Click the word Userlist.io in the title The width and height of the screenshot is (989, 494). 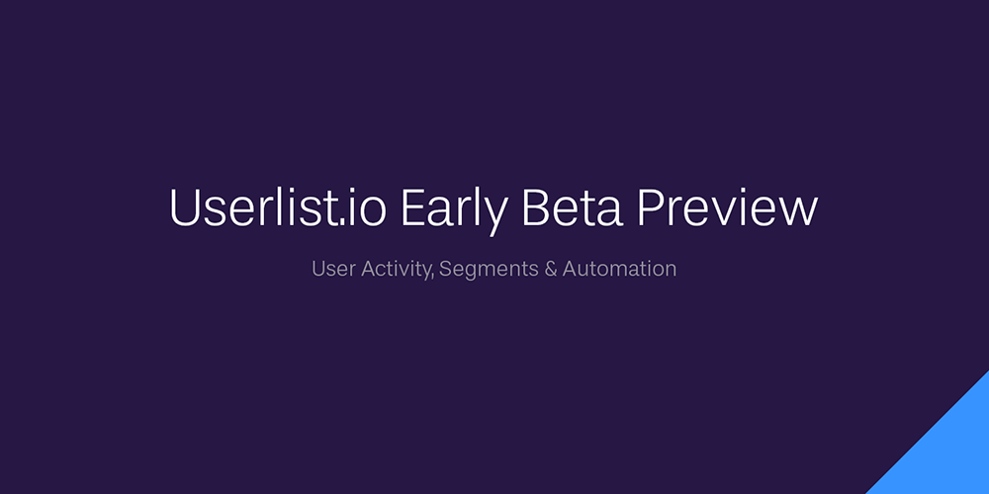pyautogui.click(x=278, y=206)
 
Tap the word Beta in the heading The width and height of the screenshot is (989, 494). pyautogui.click(x=573, y=207)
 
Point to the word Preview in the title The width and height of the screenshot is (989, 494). pyautogui.click(x=727, y=207)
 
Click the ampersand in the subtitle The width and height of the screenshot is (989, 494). pyautogui.click(x=550, y=269)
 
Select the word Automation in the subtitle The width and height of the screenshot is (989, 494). pyautogui.click(x=619, y=269)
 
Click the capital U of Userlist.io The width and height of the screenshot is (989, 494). pyautogui.click(x=185, y=207)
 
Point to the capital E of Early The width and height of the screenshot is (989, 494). pyautogui.click(x=412, y=207)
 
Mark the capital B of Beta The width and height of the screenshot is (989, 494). pyautogui.click(x=536, y=207)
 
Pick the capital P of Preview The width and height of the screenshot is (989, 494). pyautogui.click(x=651, y=207)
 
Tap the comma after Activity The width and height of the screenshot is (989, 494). pyautogui.click(x=432, y=278)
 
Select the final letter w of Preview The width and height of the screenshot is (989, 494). pyautogui.click(x=797, y=213)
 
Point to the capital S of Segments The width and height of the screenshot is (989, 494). pyautogui.click(x=447, y=269)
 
